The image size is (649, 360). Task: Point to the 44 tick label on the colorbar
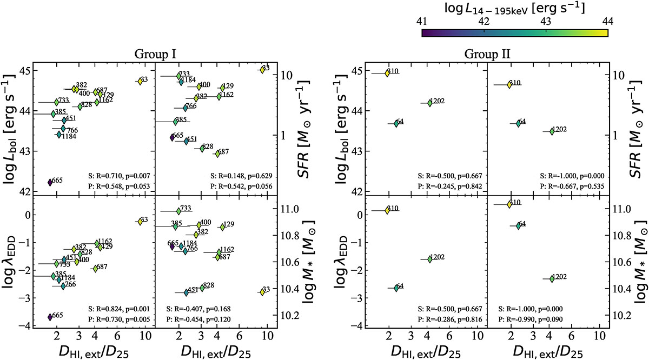coord(608,22)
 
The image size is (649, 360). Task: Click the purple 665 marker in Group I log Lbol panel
coord(50,182)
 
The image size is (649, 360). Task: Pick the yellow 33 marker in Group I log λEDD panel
coord(140,221)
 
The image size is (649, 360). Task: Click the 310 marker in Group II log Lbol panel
coord(387,73)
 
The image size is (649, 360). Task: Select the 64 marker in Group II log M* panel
coord(519,226)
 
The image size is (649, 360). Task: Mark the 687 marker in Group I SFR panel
coord(217,154)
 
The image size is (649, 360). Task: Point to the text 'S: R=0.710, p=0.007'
coord(118,176)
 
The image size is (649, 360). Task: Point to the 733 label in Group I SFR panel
coord(184,75)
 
